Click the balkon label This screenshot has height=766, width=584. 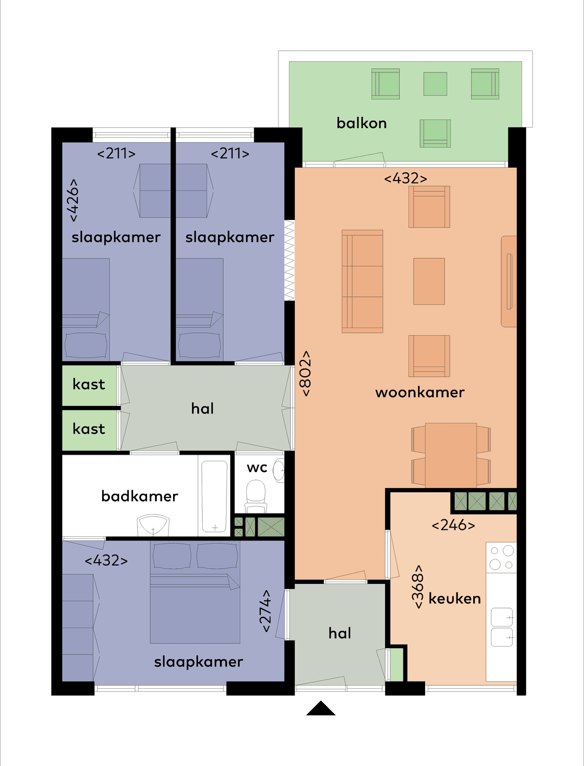(x=361, y=123)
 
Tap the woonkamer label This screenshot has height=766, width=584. (x=420, y=392)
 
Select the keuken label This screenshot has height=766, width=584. (x=454, y=598)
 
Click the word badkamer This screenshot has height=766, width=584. (x=140, y=496)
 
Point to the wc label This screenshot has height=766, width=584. (x=257, y=468)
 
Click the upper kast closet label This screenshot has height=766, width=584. (x=89, y=384)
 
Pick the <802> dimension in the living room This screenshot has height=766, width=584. (x=306, y=374)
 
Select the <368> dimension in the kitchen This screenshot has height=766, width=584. (x=417, y=587)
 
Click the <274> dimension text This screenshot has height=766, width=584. (x=265, y=611)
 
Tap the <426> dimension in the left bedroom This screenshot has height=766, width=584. (x=72, y=200)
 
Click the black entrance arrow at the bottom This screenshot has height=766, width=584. (x=321, y=709)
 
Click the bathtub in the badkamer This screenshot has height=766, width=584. (x=214, y=496)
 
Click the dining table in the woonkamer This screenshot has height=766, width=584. (x=451, y=455)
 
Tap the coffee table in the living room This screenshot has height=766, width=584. (x=429, y=281)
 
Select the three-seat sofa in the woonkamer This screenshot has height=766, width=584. (x=362, y=281)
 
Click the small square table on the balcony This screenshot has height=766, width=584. (x=435, y=84)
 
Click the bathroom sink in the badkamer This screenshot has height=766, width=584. (x=153, y=525)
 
